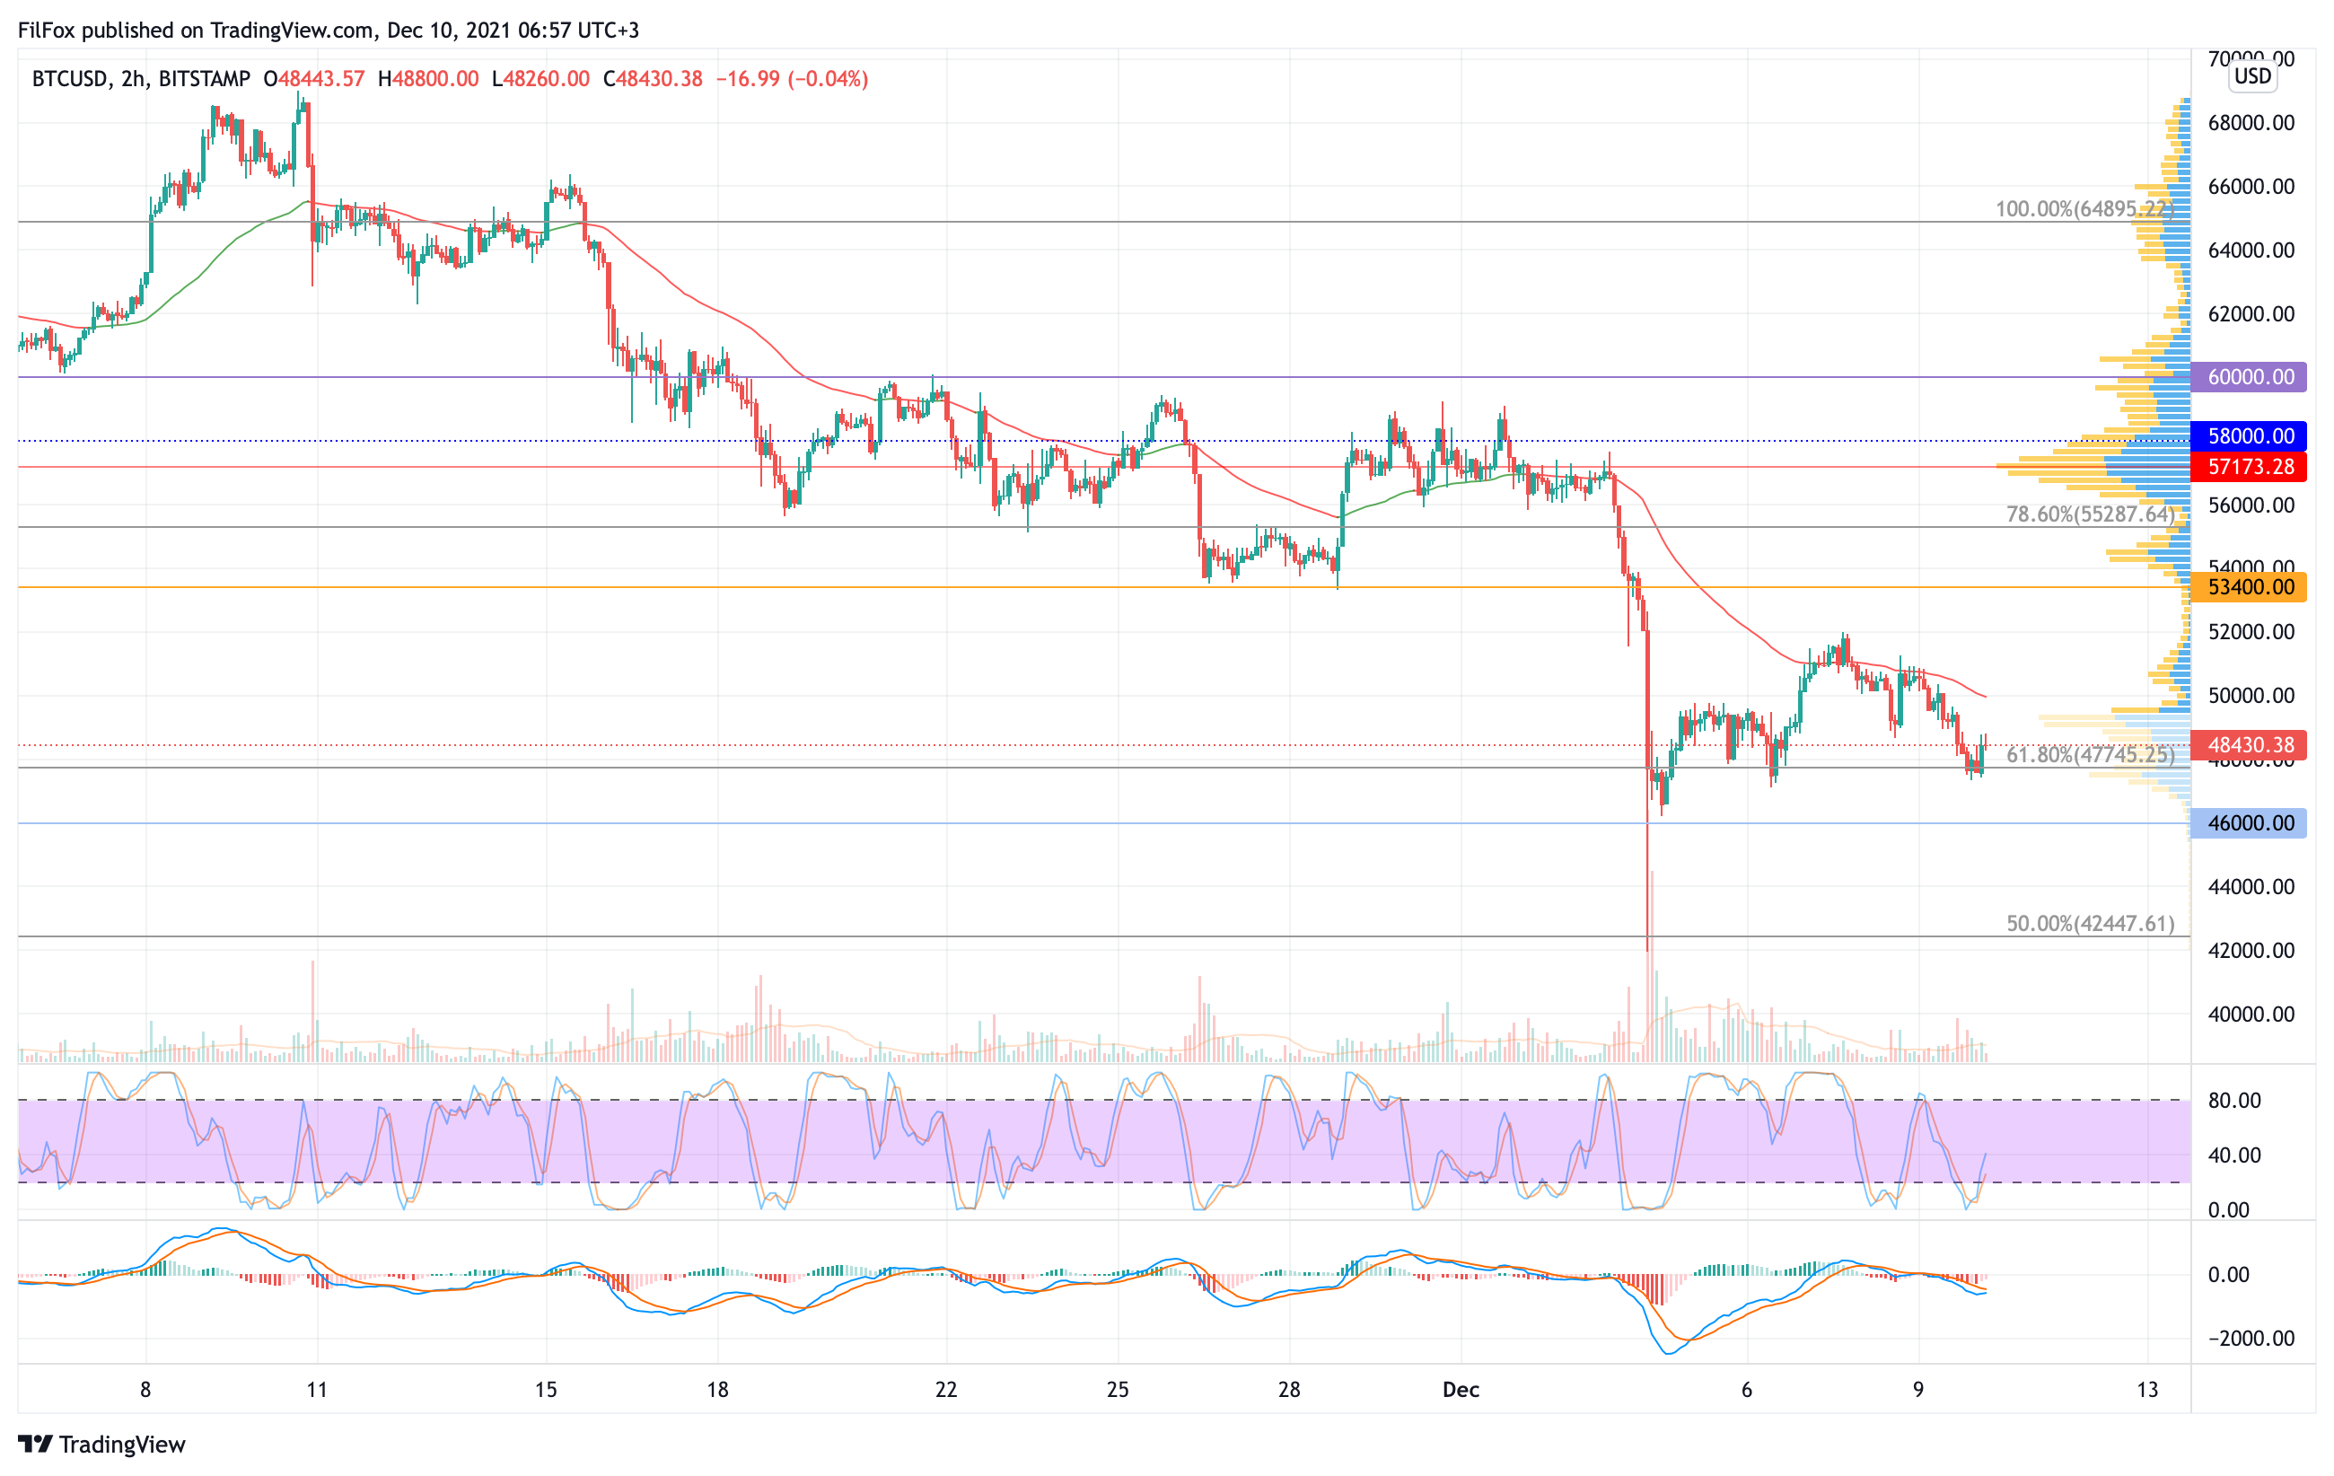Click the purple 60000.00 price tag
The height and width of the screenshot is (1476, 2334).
[2249, 377]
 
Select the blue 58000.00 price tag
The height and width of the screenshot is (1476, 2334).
[2249, 436]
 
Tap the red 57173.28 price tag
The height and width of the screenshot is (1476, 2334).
[2249, 467]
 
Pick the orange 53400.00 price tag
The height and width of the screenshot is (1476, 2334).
[2249, 587]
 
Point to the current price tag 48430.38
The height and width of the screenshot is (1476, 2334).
[2249, 745]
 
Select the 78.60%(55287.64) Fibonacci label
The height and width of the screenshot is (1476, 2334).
[2090, 514]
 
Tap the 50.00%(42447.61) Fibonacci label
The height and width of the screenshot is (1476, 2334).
[2090, 924]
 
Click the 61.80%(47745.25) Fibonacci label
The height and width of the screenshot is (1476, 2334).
[2090, 755]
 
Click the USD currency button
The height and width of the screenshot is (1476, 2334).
[2252, 75]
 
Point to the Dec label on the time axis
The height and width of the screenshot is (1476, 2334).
[1461, 1390]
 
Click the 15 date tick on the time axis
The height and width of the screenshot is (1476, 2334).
[546, 1390]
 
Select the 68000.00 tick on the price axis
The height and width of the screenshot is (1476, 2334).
[2251, 123]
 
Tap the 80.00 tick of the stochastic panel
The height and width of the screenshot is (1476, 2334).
[2234, 1101]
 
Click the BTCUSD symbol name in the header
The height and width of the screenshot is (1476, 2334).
[69, 78]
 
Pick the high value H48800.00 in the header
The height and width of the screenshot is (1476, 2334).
[428, 78]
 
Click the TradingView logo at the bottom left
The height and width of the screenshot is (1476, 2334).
[101, 1444]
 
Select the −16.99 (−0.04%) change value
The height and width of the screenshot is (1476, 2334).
[792, 78]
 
